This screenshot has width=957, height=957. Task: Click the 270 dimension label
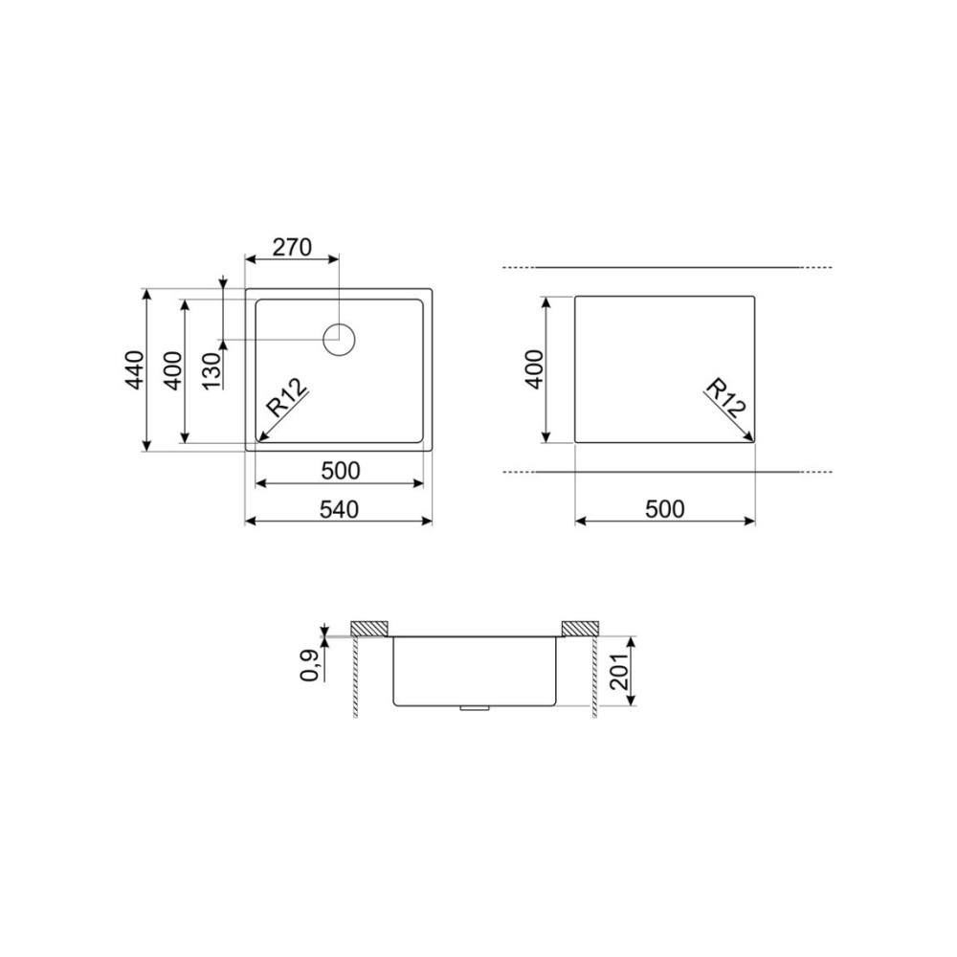click(292, 247)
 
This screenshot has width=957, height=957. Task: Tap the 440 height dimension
click(135, 369)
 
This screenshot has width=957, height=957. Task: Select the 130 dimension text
click(211, 370)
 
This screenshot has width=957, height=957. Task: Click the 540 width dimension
click(340, 509)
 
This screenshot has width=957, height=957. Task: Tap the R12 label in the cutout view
click(725, 398)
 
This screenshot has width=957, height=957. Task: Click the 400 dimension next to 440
click(173, 370)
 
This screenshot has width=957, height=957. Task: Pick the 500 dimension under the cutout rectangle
click(665, 509)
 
